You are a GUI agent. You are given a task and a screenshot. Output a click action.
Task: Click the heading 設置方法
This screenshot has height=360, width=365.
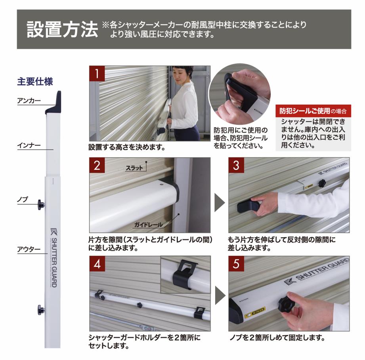(x=62, y=30)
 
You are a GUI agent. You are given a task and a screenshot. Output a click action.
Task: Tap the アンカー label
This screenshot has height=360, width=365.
(x=29, y=101)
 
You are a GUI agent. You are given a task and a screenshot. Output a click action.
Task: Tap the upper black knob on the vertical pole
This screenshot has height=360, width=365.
(x=41, y=205)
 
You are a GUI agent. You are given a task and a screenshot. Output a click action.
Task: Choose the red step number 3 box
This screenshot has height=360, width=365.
(x=236, y=166)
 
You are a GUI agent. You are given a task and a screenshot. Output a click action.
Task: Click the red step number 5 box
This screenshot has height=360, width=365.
(x=236, y=264)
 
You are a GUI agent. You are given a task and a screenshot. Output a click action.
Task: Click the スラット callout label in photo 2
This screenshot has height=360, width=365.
(x=134, y=168)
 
